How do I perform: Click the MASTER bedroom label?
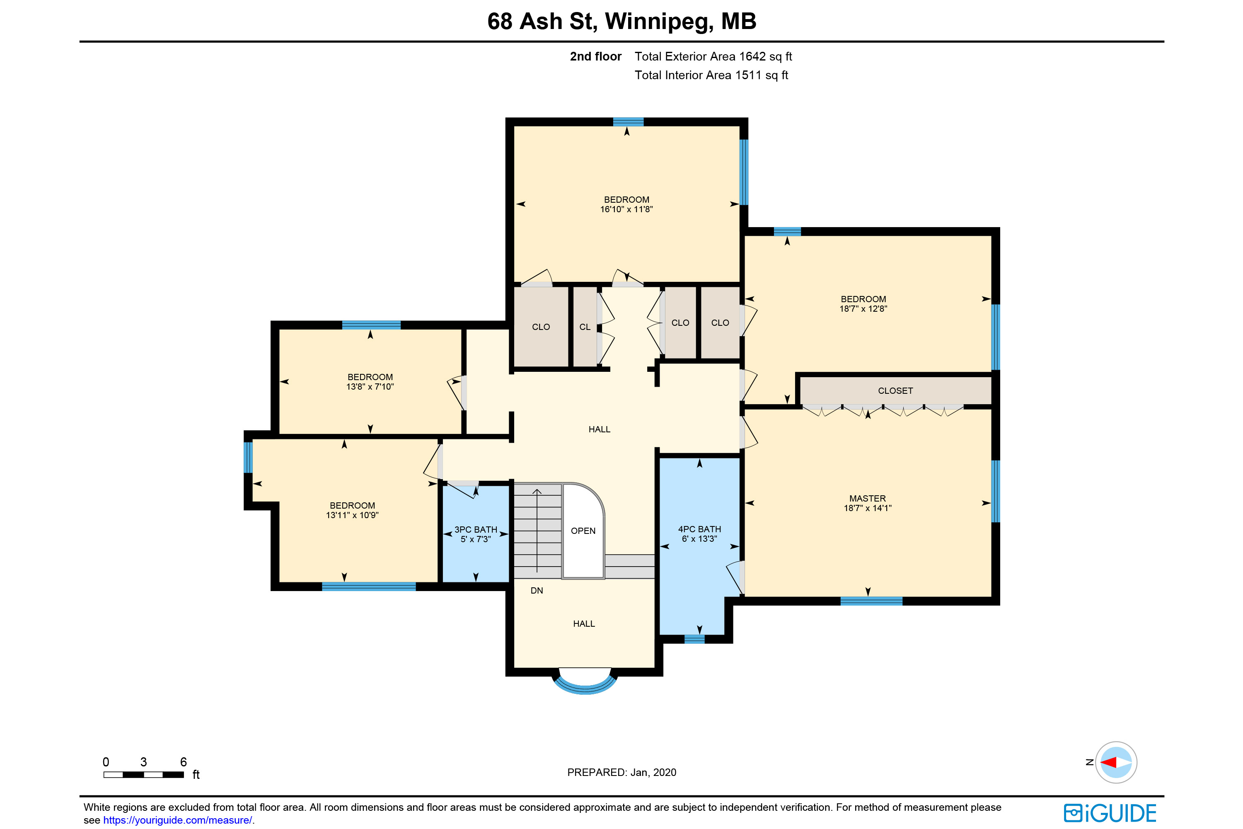click(867, 499)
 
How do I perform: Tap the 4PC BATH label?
click(699, 529)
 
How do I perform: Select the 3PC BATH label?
click(476, 530)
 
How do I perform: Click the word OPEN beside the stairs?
click(583, 531)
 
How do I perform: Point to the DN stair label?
click(537, 591)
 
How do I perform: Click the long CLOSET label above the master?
click(895, 391)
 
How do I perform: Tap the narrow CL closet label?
click(585, 327)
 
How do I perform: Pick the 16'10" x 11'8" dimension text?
click(626, 209)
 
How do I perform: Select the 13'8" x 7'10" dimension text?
click(370, 387)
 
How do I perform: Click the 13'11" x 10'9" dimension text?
click(352, 516)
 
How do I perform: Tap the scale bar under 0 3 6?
click(143, 775)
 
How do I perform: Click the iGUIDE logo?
click(1110, 813)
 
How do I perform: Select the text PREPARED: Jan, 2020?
click(621, 773)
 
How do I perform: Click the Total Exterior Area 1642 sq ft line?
click(713, 56)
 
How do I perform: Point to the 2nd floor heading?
click(596, 56)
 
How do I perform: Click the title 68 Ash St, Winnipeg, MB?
click(621, 21)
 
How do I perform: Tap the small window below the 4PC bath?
click(694, 639)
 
